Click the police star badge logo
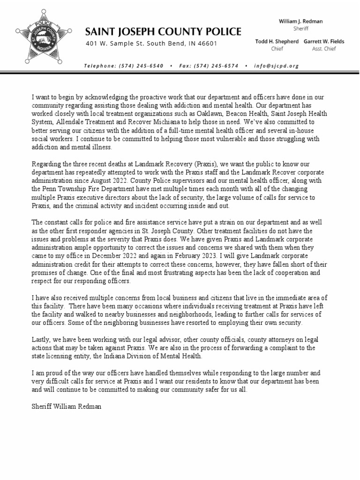click(41, 37)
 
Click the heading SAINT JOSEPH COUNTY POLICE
click(163, 32)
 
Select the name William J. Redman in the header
click(300, 22)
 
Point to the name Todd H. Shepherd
click(277, 41)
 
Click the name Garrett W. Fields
click(324, 41)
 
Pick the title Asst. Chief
click(324, 48)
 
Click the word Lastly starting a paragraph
click(41, 339)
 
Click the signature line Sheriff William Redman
click(63, 406)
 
